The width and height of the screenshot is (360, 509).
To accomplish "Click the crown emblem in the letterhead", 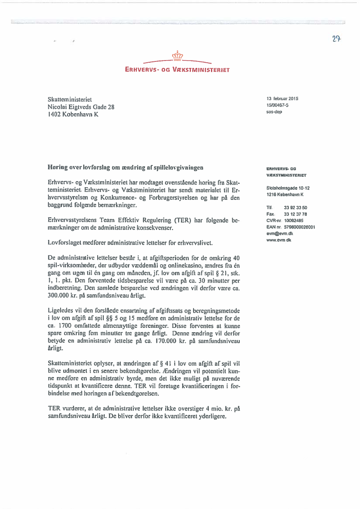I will click(x=177, y=55).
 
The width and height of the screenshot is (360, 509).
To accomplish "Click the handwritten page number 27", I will click(x=336, y=39).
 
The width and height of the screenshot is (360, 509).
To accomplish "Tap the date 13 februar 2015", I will click(x=282, y=98).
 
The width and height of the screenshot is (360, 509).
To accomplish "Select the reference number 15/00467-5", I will click(x=277, y=105).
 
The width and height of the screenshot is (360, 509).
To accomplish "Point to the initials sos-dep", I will click(x=274, y=111).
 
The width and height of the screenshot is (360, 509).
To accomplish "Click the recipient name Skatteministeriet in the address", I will click(x=70, y=100).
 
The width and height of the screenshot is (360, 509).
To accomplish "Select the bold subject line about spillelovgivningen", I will click(x=126, y=167).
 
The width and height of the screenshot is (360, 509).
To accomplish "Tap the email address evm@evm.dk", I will click(x=279, y=233).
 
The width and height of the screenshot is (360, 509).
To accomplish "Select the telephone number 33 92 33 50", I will click(x=295, y=208).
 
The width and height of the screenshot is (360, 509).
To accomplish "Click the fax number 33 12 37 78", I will click(x=295, y=214).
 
